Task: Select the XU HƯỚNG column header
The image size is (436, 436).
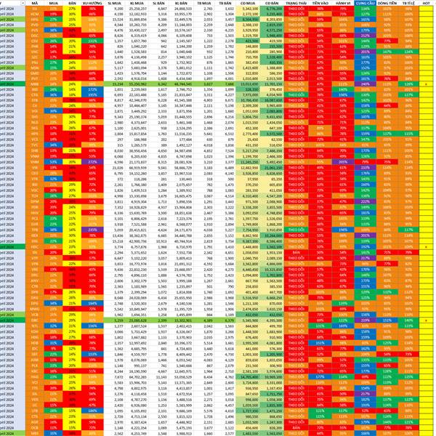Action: click(x=91, y=3)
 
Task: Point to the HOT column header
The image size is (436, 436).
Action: click(x=424, y=3)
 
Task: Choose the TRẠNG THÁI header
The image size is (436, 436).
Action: click(x=297, y=3)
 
